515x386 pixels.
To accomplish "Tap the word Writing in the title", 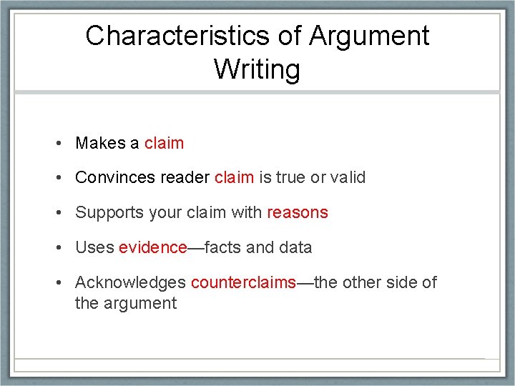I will (x=257, y=69).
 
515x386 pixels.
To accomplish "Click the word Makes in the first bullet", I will (x=99, y=143).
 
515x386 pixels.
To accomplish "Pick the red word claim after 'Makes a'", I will (x=164, y=143).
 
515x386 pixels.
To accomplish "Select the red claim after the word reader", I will (x=234, y=177).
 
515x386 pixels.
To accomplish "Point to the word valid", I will (x=348, y=177).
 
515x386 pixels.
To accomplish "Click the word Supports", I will (x=106, y=212).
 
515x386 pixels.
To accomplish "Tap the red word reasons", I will (x=298, y=212).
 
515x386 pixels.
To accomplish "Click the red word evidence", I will (x=152, y=247).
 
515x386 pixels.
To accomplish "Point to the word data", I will (x=295, y=247).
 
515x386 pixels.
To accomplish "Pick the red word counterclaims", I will (x=243, y=282).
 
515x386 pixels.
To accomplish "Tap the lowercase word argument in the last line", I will (x=139, y=303).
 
